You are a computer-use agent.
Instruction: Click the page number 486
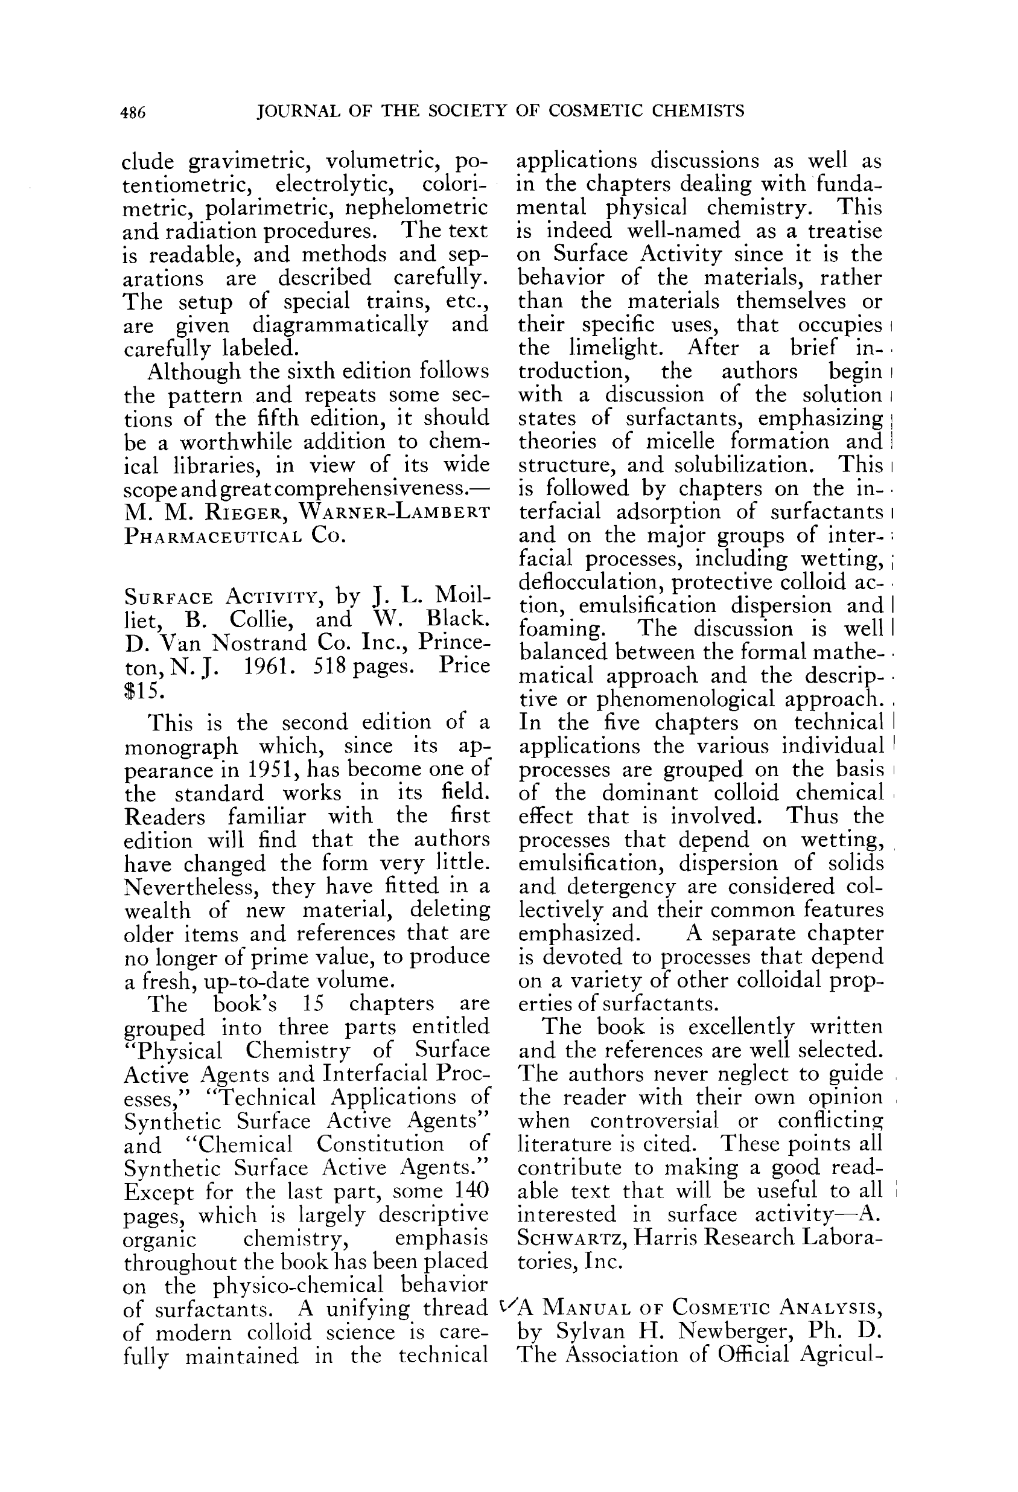click(133, 113)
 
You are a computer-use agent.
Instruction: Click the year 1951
click(272, 769)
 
